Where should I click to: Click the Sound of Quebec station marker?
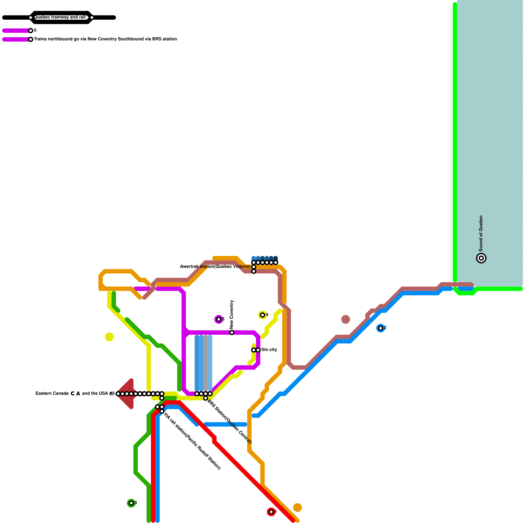(x=481, y=258)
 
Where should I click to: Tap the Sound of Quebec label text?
(x=481, y=233)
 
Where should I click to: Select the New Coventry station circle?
(x=232, y=333)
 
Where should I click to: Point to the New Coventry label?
(x=232, y=315)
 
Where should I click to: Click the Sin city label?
(x=269, y=350)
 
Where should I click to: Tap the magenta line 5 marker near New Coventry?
(x=219, y=319)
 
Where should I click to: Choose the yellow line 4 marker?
(x=262, y=315)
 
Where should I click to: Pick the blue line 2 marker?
(x=381, y=328)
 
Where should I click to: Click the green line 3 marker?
(x=131, y=503)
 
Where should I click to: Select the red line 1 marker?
(x=271, y=512)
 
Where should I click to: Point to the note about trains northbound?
(x=105, y=39)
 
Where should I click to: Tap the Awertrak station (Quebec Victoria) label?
(x=215, y=267)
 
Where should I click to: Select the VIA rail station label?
(x=192, y=441)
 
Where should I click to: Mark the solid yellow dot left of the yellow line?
(x=109, y=337)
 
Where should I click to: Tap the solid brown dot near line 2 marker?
(x=346, y=319)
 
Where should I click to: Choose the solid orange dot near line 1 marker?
(x=297, y=508)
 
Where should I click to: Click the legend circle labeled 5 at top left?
(x=31, y=31)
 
